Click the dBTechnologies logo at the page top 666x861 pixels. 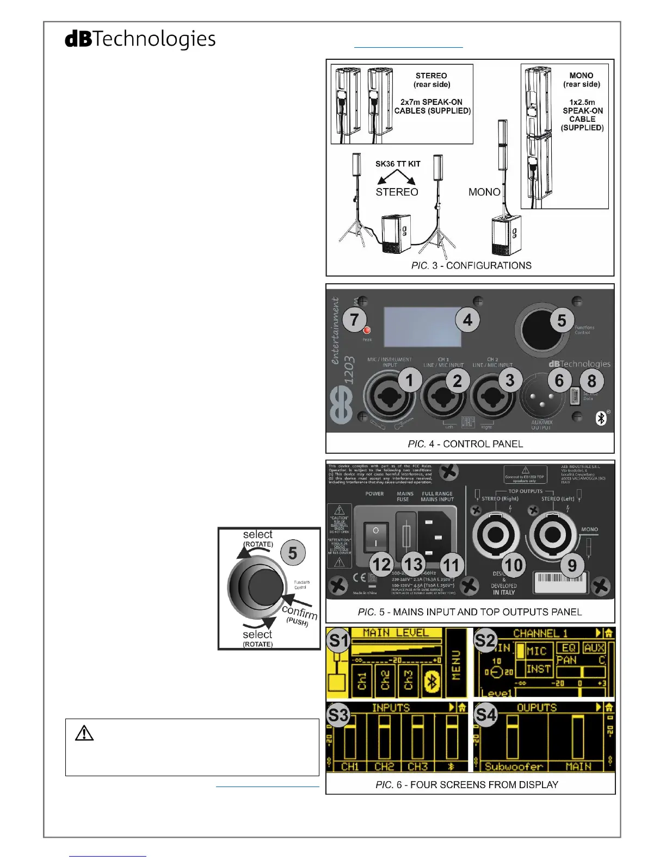(140, 39)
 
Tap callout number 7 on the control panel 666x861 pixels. (354, 320)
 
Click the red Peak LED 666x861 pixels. (367, 330)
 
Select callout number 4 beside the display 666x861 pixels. (467, 320)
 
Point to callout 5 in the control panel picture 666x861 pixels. (562, 321)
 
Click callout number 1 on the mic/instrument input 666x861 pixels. (410, 380)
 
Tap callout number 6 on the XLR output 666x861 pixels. (559, 380)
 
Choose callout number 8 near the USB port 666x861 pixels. (591, 381)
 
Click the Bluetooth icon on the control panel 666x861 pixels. (601, 418)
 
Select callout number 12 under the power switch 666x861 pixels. (381, 565)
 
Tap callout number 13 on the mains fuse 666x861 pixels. (414, 564)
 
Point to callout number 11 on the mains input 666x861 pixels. (451, 565)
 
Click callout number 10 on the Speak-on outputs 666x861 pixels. (513, 565)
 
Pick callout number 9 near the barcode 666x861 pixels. (572, 565)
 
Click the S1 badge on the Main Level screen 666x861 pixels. (338, 641)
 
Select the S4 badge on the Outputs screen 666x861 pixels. (485, 715)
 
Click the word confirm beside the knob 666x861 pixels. (299, 613)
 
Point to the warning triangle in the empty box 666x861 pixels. (84, 733)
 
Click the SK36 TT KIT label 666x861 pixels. (398, 164)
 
